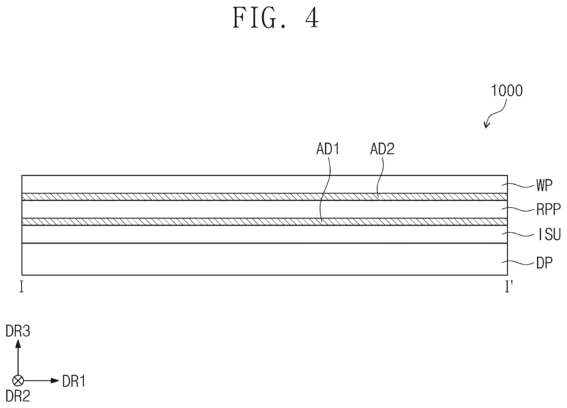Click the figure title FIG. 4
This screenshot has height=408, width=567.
pyautogui.click(x=275, y=18)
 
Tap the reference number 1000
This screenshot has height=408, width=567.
pyautogui.click(x=507, y=91)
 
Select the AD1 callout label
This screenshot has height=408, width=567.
pyautogui.click(x=328, y=149)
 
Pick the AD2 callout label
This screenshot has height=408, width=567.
pyautogui.click(x=382, y=149)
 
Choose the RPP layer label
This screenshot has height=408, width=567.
pyautogui.click(x=548, y=210)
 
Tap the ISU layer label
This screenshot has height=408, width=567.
pyautogui.click(x=549, y=235)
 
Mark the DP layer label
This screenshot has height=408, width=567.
pyautogui.click(x=544, y=264)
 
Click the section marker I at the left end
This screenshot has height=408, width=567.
pyautogui.click(x=21, y=287)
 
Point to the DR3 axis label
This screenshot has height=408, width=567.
pyautogui.click(x=18, y=332)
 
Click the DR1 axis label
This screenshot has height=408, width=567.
pyautogui.click(x=74, y=381)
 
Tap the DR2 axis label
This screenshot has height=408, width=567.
pyautogui.click(x=18, y=396)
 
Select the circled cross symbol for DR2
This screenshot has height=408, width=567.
pyautogui.click(x=18, y=381)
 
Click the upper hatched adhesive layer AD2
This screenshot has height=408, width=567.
pyautogui.click(x=265, y=197)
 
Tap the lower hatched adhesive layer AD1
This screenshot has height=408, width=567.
pyautogui.click(x=265, y=221)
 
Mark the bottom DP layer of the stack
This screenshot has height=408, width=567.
pyautogui.click(x=265, y=259)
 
